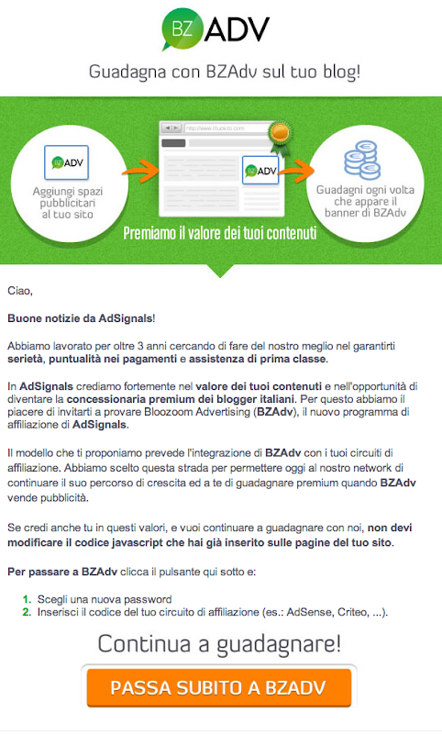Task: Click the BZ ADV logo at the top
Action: click(216, 29)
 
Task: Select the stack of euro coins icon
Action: click(366, 161)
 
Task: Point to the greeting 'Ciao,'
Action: click(19, 291)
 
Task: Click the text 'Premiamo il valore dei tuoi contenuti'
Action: click(220, 233)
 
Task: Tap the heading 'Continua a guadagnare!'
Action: click(219, 643)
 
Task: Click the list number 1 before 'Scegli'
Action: click(27, 598)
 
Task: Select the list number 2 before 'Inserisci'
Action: click(27, 611)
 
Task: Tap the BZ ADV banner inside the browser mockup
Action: click(260, 171)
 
